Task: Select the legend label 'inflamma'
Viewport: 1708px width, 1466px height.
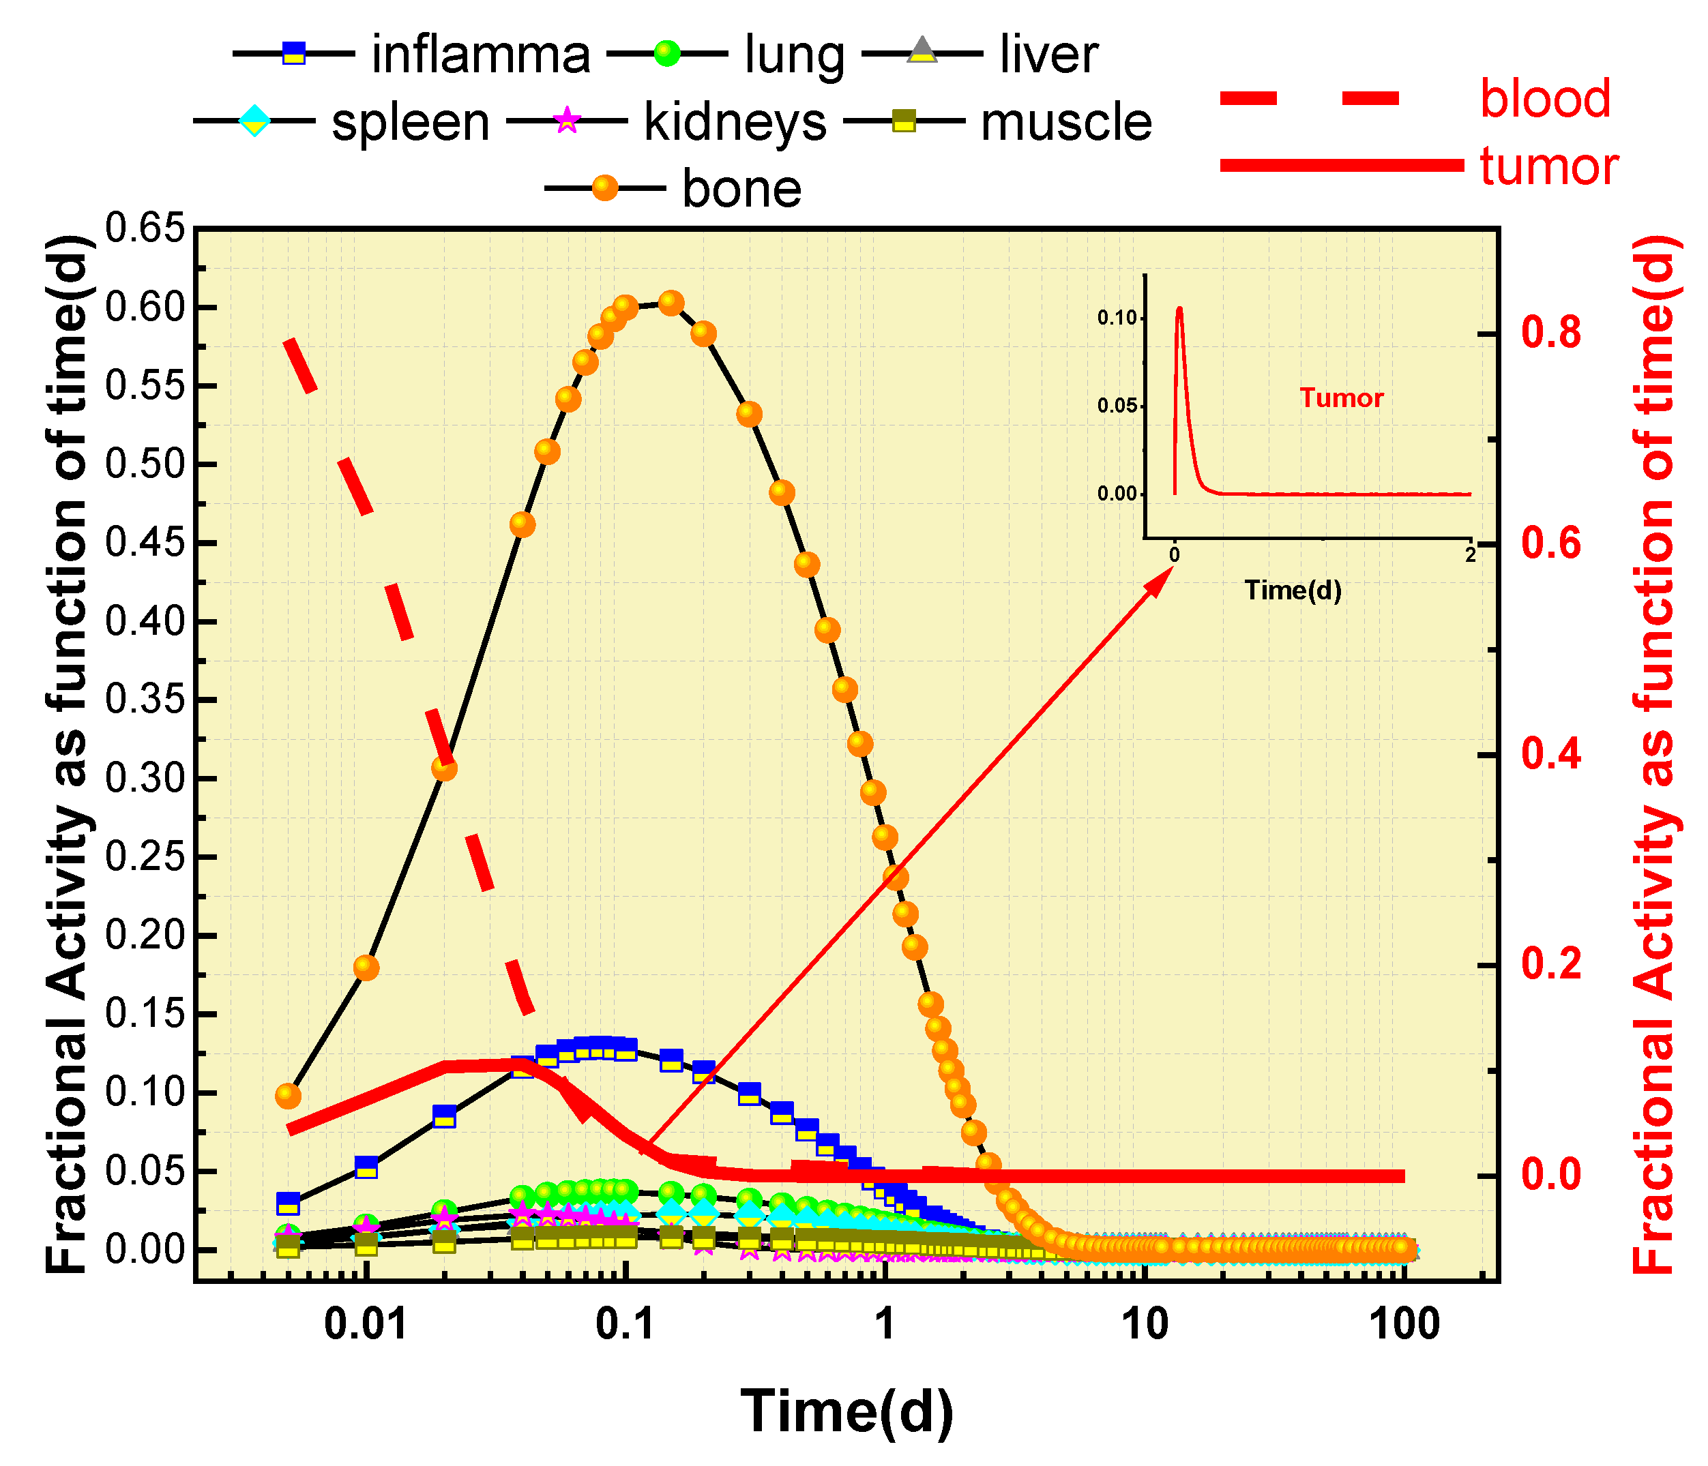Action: pos(481,55)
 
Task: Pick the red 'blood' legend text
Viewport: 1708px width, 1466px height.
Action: pos(1545,99)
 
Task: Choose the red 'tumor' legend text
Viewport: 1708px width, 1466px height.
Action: pos(1549,166)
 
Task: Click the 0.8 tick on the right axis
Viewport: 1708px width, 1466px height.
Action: pos(1550,333)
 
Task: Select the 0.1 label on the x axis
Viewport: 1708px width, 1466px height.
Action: pos(625,1324)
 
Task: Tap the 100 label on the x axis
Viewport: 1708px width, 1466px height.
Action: pos(1404,1324)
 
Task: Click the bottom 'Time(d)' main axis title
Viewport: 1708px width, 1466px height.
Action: pos(846,1411)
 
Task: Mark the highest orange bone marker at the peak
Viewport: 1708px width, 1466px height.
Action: pos(672,303)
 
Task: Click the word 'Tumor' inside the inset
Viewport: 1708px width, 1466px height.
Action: pos(1341,399)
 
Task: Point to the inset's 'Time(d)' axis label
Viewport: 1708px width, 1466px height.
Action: pos(1293,590)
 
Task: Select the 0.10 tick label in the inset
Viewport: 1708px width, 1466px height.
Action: pos(1117,318)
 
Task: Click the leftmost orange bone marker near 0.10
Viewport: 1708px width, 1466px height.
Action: pos(288,1095)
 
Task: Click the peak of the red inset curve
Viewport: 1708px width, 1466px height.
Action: pos(1179,309)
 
